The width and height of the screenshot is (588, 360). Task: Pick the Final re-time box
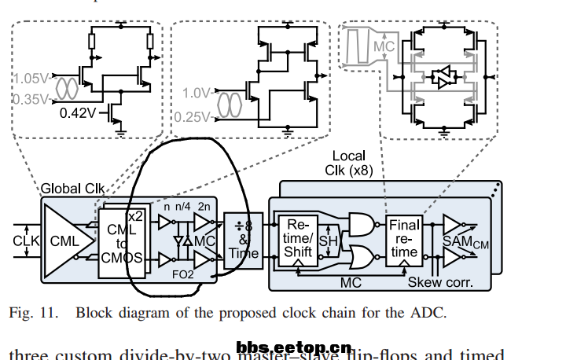404,239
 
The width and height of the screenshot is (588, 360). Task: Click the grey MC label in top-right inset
383,48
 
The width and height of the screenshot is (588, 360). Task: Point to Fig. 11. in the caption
35,312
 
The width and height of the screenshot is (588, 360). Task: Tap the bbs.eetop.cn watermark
292,347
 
